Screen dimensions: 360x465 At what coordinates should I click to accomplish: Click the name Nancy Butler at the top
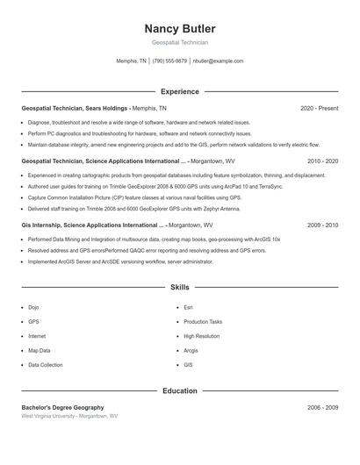[179, 28]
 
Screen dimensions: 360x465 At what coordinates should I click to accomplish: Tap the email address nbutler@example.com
[218, 61]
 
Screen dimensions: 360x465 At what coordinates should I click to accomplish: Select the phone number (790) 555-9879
[169, 61]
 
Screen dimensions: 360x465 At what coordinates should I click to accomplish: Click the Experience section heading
[179, 91]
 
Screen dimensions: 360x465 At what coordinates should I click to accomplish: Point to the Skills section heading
[179, 287]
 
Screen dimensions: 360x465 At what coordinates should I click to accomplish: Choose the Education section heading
[179, 390]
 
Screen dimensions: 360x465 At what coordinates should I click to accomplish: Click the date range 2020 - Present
[319, 109]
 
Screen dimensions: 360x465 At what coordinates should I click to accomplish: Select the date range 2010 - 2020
[322, 161]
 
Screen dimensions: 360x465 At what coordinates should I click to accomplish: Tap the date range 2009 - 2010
[322, 225]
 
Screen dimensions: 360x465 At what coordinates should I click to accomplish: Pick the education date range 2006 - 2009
[322, 408]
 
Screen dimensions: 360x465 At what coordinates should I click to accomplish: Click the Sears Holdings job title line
[94, 109]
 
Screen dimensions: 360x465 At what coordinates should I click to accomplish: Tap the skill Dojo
[33, 308]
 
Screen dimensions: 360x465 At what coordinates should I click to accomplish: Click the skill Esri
[188, 308]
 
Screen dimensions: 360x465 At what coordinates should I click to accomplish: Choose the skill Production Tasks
[203, 322]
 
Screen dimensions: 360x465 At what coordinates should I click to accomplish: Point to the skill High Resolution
[201, 336]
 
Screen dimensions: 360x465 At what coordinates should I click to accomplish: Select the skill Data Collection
[46, 364]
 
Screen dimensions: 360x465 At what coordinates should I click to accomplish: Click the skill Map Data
[39, 350]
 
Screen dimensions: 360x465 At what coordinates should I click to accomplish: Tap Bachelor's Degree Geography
[62, 408]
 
